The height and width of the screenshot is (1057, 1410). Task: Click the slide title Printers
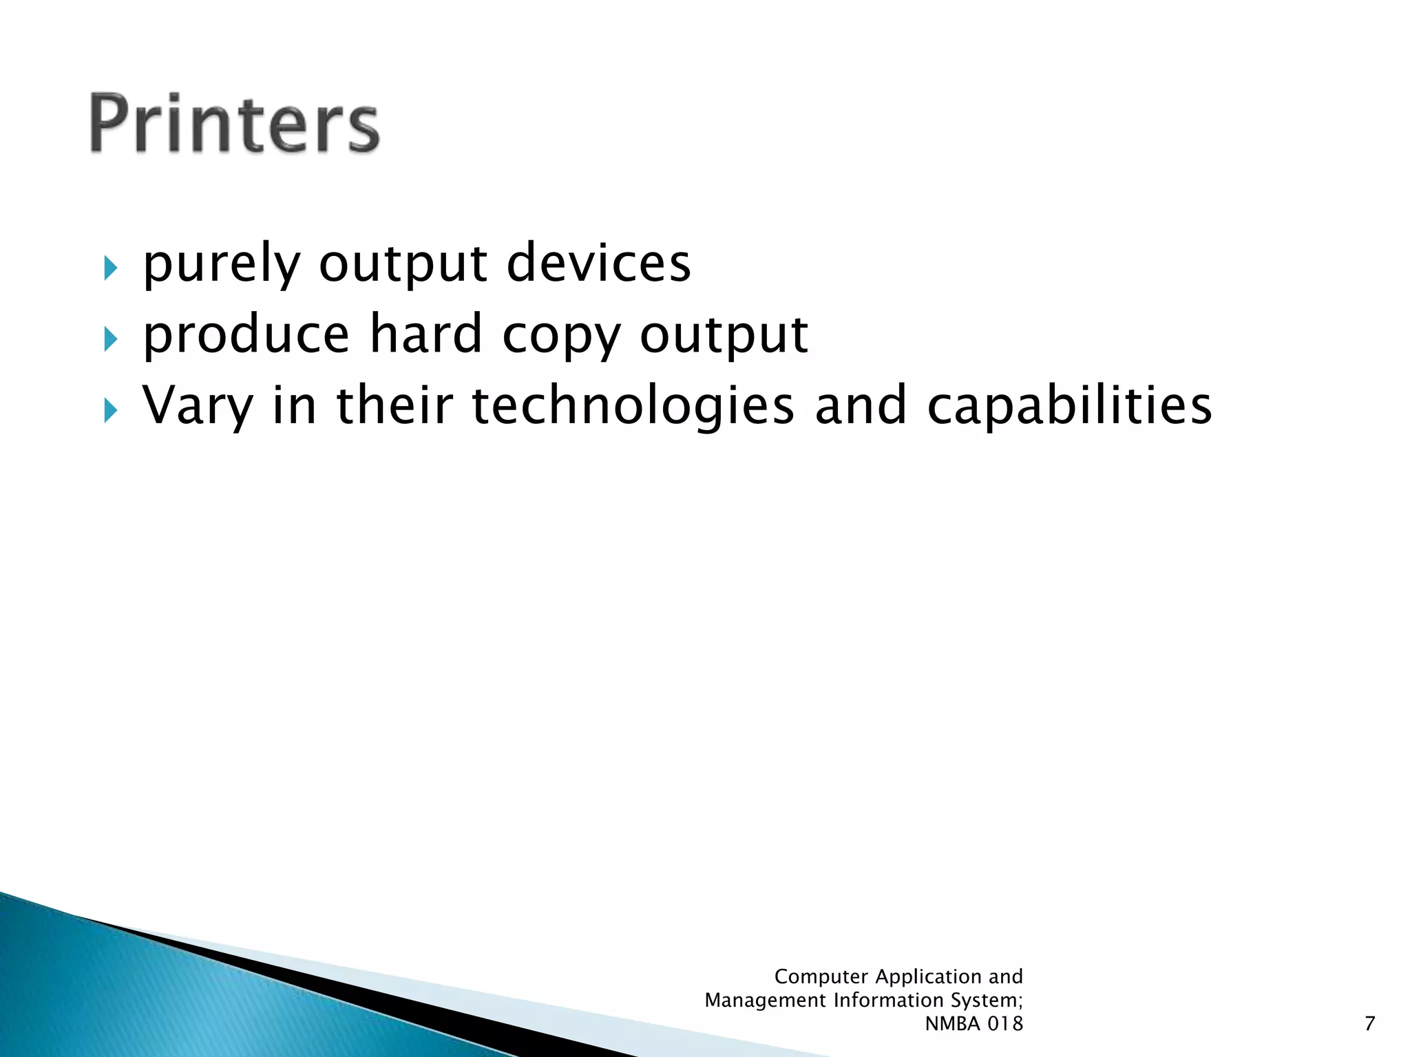point(234,124)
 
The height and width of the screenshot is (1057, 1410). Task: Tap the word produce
point(246,336)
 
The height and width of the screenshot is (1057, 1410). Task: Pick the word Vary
point(198,406)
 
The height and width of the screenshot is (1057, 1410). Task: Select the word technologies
point(633,406)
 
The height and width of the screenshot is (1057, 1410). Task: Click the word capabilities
point(1069,406)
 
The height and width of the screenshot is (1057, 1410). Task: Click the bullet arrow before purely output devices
point(111,268)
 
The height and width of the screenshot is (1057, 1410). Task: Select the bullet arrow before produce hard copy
point(111,339)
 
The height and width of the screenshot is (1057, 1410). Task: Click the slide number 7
point(1369,1024)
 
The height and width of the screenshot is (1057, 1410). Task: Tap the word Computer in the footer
point(821,976)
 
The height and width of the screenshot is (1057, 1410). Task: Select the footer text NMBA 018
point(974,1024)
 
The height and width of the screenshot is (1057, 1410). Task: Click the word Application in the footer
point(929,977)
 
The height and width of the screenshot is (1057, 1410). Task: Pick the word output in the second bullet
point(724,336)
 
